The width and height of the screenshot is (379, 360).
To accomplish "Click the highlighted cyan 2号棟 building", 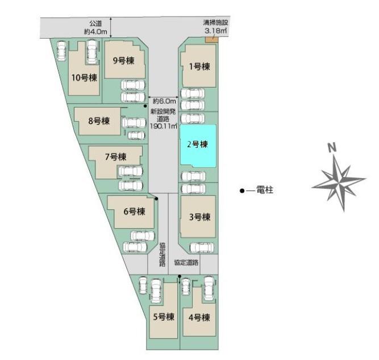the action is coord(198,146).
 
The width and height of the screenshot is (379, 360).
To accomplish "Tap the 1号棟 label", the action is coord(199,67).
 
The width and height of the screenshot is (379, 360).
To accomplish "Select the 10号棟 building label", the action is coord(84,78).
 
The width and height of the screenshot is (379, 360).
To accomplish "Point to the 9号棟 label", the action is coord(123,60).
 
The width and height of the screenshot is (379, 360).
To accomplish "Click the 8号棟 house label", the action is coord(99,121).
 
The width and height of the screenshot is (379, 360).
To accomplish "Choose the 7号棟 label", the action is coord(115,157).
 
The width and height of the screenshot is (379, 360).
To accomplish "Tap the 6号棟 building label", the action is coord(135,212).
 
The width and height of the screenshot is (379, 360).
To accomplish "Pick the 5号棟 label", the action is coord(164,317).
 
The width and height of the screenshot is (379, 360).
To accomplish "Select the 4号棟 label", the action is coord(199,317).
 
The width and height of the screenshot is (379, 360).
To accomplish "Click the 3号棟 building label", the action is coord(199,217).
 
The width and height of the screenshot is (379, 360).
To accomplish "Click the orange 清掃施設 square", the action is coord(212,40).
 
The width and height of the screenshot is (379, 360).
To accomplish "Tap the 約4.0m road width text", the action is coord(95,32).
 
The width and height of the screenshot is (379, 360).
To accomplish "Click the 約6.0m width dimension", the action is coord(164,101).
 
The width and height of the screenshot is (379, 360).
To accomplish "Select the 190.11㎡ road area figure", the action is coord(164,126).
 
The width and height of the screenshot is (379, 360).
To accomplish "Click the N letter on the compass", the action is coord(332,147).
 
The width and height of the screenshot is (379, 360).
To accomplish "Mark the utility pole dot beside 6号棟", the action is coord(156,199).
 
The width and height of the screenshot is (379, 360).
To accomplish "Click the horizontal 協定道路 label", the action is coord(186,263).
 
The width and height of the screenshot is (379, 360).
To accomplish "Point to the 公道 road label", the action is coord(95,24).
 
